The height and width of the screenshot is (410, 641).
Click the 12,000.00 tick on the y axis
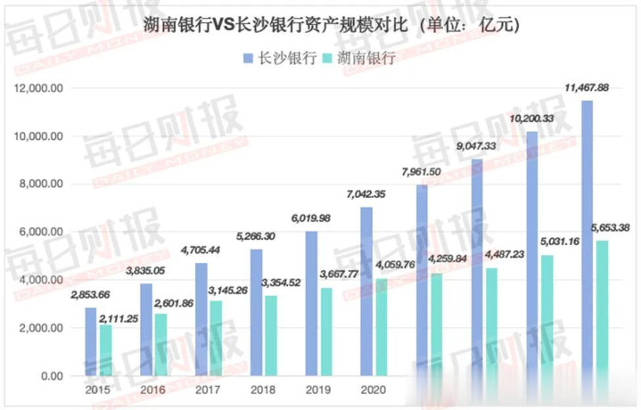(37, 88)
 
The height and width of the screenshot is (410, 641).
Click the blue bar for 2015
(90, 341)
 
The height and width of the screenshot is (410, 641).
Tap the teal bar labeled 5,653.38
(603, 307)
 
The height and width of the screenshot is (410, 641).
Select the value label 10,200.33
(533, 119)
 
